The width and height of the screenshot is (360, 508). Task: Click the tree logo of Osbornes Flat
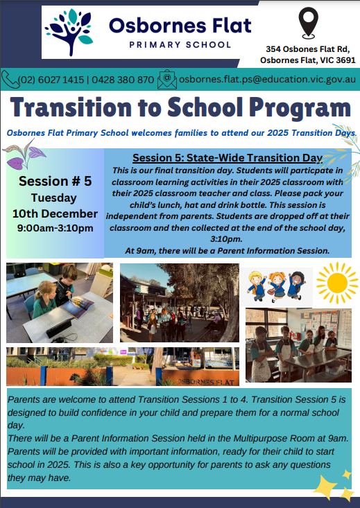(69, 32)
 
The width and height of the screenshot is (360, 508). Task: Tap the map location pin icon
(308, 24)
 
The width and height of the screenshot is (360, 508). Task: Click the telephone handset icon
(10, 80)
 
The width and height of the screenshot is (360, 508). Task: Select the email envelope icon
(167, 80)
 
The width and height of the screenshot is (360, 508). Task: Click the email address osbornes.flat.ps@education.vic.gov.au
(267, 80)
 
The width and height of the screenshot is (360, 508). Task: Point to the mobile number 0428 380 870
(123, 80)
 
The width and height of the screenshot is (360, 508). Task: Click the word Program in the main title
(300, 108)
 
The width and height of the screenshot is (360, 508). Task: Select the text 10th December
(55, 214)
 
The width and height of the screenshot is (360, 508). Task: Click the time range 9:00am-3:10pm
(55, 228)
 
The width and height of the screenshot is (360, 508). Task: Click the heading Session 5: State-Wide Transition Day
(228, 158)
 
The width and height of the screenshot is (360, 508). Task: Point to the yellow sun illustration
(337, 283)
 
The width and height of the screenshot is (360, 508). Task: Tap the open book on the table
(77, 306)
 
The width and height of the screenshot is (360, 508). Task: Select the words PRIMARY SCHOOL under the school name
(180, 45)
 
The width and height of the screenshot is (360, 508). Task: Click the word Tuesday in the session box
(54, 198)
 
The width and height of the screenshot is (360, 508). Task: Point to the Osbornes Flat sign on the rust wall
(206, 382)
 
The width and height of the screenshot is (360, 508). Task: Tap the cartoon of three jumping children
(276, 286)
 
